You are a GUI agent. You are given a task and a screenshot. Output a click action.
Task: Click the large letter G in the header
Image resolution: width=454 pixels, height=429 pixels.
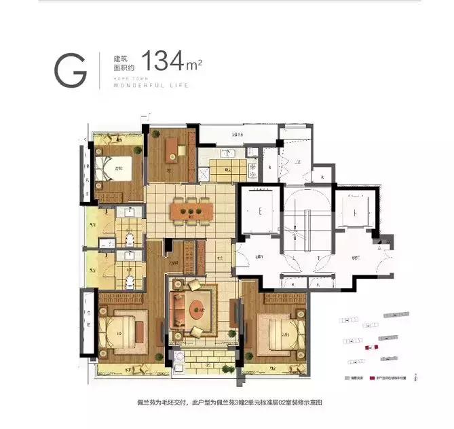71,68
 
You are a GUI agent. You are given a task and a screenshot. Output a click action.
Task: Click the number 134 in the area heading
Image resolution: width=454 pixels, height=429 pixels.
164,61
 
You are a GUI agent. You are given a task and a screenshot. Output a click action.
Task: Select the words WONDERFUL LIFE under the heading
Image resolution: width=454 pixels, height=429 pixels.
150,86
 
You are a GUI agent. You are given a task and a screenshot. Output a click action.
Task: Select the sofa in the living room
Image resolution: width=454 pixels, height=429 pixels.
178,312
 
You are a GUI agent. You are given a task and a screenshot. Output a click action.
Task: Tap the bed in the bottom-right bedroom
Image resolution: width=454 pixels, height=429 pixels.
279,332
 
